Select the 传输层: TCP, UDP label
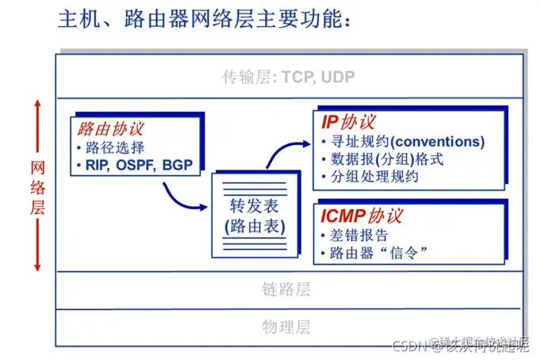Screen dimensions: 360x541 [288, 78]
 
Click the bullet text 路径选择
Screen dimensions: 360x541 [115, 147]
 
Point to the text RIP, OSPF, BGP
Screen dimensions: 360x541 [139, 165]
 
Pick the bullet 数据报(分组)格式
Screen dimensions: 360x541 [386, 159]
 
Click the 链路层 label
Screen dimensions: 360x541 [286, 289]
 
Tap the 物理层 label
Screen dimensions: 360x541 [286, 327]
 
